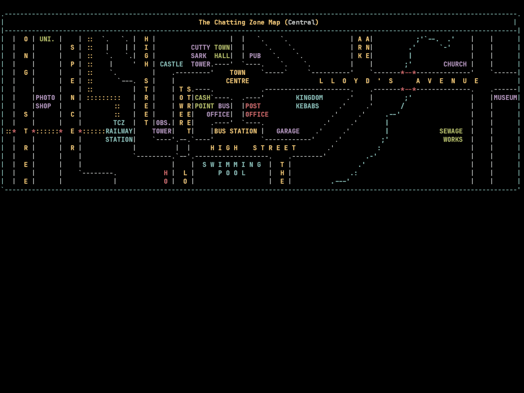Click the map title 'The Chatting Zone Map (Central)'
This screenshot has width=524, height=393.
click(x=258, y=23)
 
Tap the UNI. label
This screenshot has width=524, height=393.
click(x=47, y=39)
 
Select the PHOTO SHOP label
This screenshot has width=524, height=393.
click(x=45, y=102)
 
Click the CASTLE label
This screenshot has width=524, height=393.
click(x=171, y=64)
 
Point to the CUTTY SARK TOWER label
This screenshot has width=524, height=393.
click(x=200, y=56)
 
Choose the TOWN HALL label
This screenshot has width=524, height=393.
click(x=222, y=52)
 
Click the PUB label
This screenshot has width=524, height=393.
click(x=255, y=56)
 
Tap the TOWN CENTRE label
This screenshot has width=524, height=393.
click(x=237, y=77)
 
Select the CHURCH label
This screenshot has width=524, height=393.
click(x=455, y=64)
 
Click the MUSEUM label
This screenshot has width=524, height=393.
click(x=505, y=98)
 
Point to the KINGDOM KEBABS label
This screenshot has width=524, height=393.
click(x=309, y=102)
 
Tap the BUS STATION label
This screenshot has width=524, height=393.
click(x=235, y=131)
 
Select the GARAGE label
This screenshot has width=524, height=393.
click(x=288, y=131)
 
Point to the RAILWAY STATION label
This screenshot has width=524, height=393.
click(x=119, y=136)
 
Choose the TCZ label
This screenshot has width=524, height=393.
click(x=119, y=123)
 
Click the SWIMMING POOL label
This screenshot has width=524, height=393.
click(x=232, y=169)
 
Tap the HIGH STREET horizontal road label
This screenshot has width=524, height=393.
click(x=253, y=148)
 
